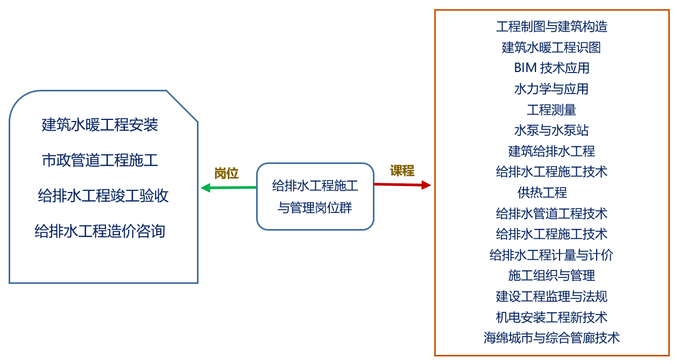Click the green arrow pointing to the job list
coord(228,188)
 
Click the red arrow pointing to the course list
coord(402,184)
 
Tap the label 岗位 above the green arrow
coord(226,173)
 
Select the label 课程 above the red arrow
coord(402,171)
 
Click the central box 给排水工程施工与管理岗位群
coord(315,197)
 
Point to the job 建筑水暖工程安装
coord(100,125)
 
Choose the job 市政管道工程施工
coord(100,160)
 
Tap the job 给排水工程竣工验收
coord(103,195)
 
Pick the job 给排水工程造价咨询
coord(100,231)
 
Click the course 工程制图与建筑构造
coord(551,26)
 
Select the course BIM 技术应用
coord(551,68)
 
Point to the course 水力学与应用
coord(551,89)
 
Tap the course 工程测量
coord(551,110)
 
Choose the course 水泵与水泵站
coord(551,130)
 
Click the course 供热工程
coord(542,192)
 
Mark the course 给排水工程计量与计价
coord(551,254)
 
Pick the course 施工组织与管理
coord(551,275)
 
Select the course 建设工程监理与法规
coord(551,296)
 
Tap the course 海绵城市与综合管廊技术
coord(551,338)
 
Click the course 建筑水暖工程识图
coord(551,47)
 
